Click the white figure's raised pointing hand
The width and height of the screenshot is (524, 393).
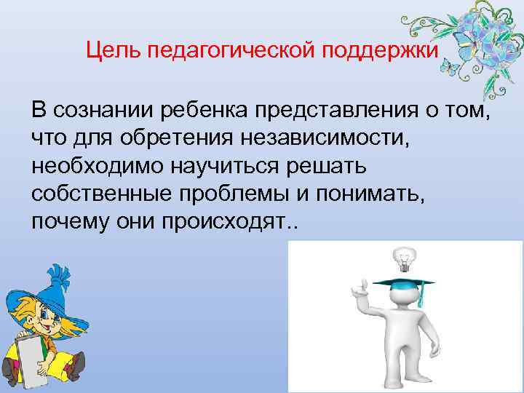pyautogui.click(x=357, y=289)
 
